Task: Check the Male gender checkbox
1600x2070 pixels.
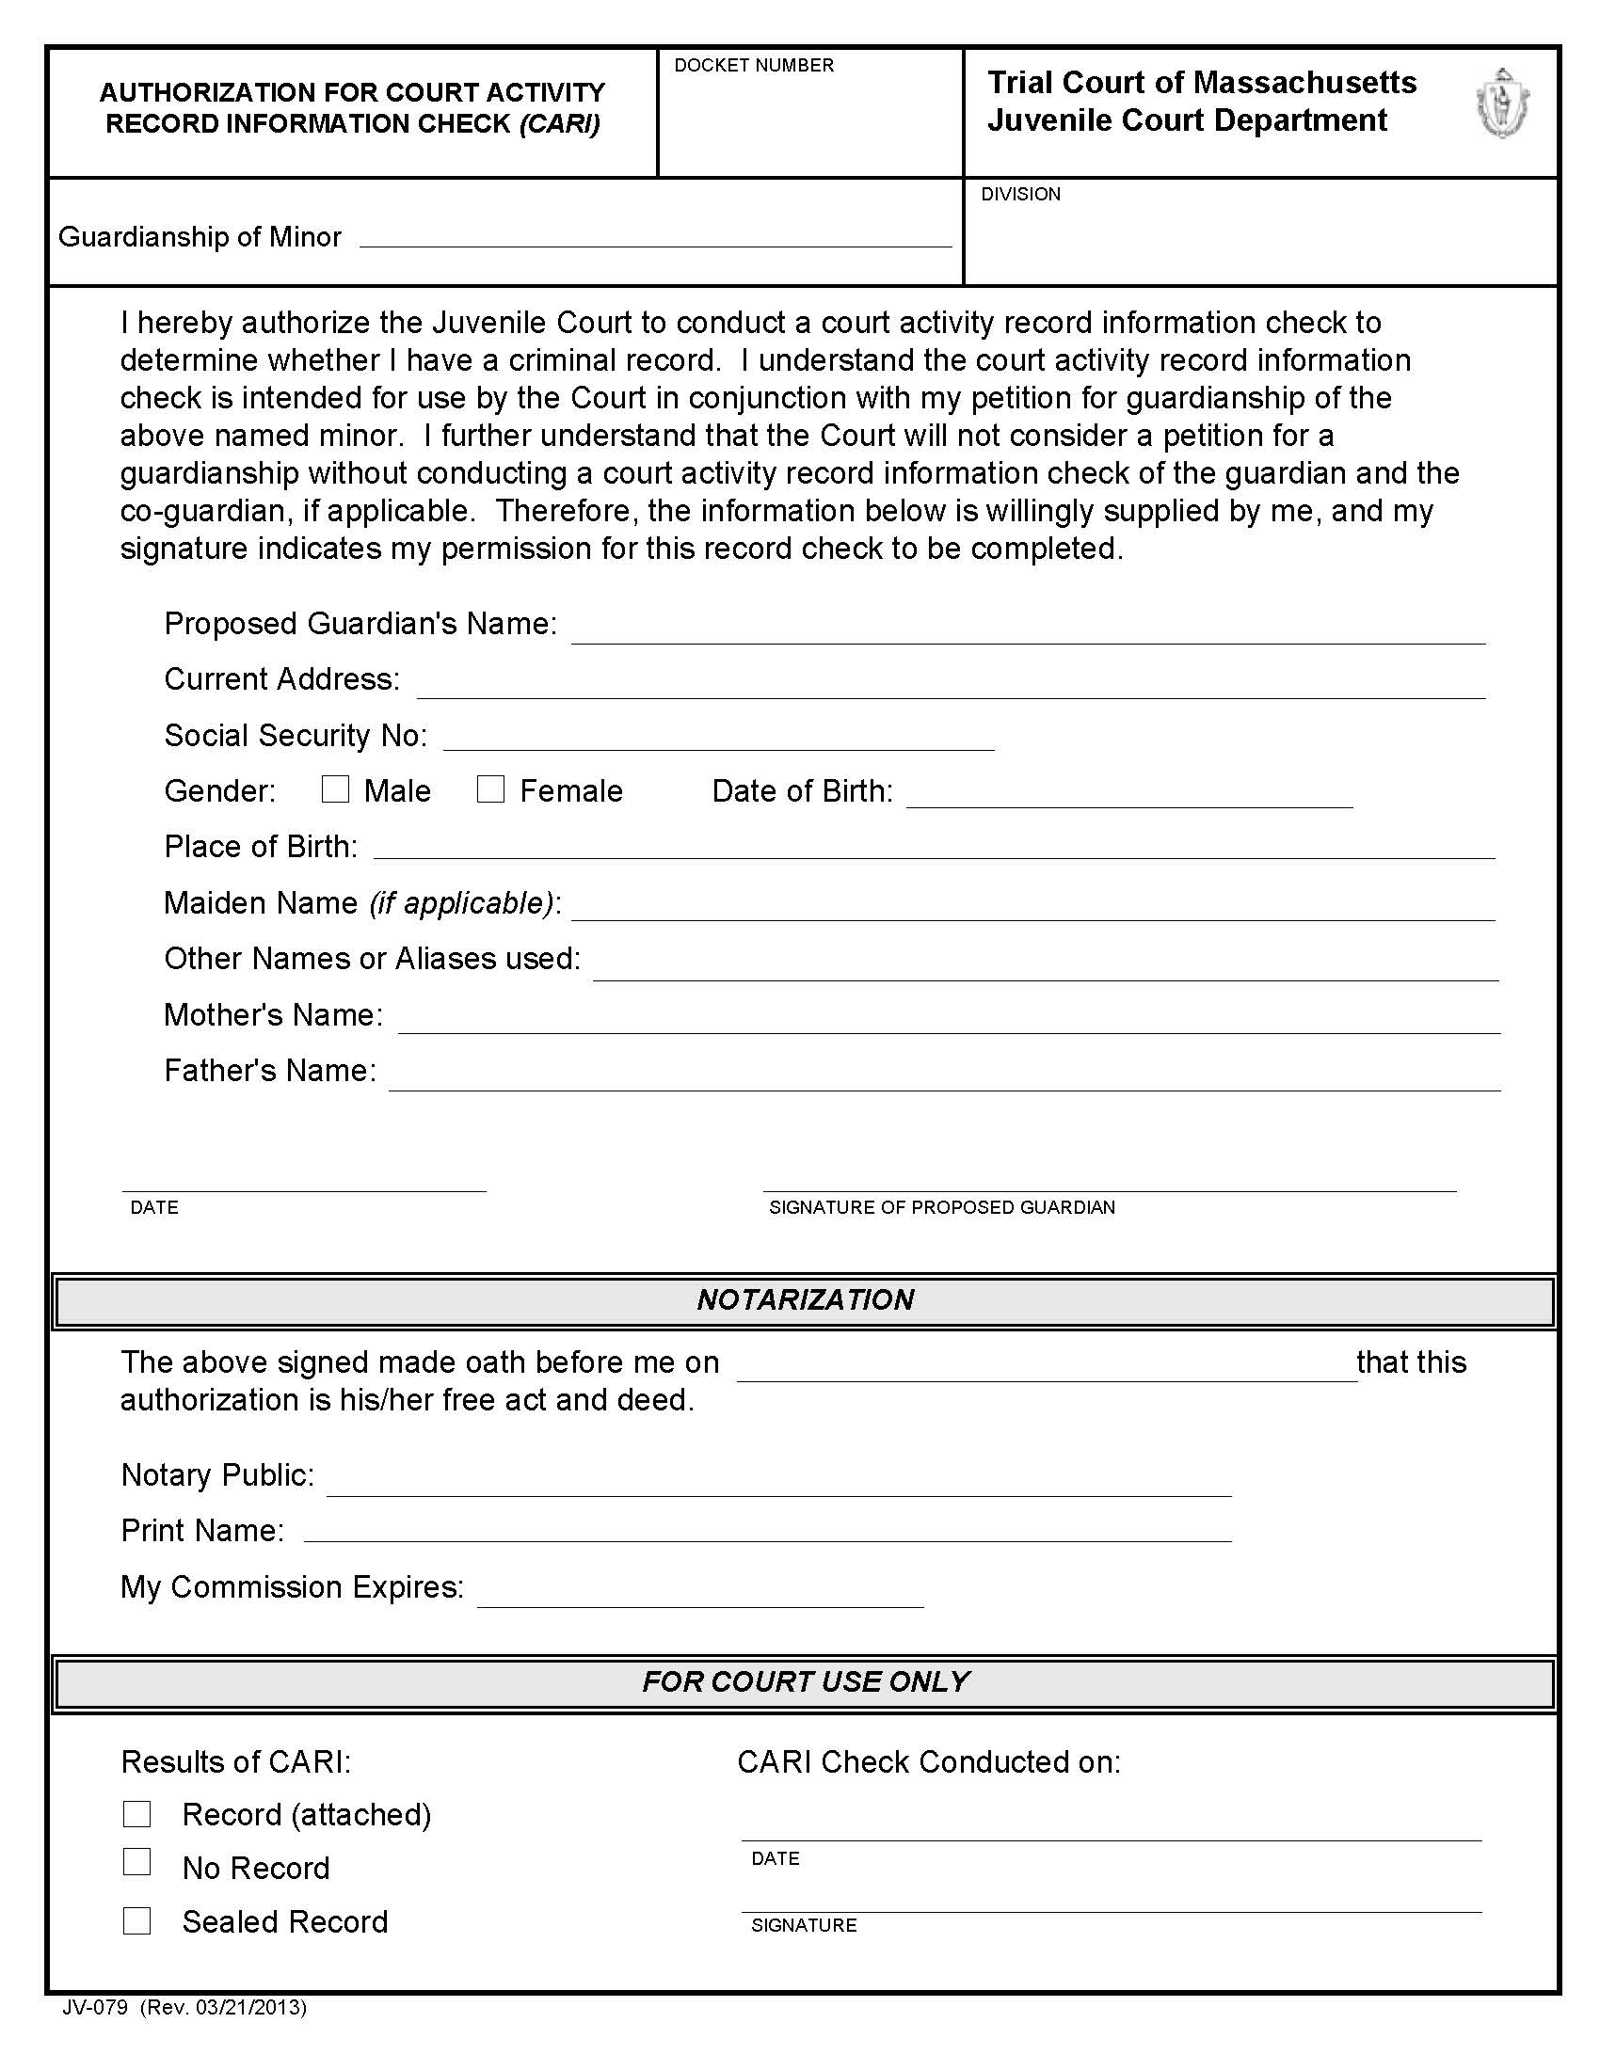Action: tap(335, 789)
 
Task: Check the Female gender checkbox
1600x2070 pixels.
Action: tap(490, 789)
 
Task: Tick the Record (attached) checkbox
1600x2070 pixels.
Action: tap(137, 1814)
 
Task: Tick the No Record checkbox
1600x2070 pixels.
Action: tap(137, 1862)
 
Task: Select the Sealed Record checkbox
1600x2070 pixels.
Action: tap(137, 1921)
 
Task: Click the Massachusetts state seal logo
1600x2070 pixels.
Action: tap(1502, 104)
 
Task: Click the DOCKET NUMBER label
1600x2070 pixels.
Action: tap(754, 66)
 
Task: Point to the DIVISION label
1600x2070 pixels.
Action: tap(1020, 195)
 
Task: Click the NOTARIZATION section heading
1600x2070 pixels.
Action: tap(805, 1299)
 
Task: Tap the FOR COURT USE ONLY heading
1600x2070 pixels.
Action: tap(805, 1681)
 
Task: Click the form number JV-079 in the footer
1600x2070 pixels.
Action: tap(95, 2008)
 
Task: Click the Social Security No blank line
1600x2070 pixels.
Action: tap(718, 740)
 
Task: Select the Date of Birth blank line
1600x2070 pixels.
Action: tap(1128, 796)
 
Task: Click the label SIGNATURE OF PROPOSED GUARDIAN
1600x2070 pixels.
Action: tap(941, 1207)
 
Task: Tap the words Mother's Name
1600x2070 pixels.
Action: tap(273, 1015)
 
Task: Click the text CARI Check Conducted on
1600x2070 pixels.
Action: tap(928, 1762)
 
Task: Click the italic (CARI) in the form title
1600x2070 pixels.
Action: tap(559, 124)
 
